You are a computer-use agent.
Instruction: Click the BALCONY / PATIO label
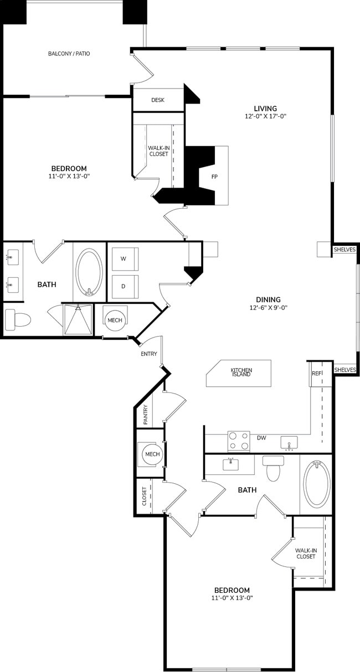(69, 54)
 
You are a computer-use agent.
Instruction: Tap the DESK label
(158, 100)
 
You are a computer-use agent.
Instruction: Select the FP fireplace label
(214, 177)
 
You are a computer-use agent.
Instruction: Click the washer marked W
(124, 259)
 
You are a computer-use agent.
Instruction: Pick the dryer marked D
(124, 287)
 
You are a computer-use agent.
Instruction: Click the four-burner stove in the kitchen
(238, 441)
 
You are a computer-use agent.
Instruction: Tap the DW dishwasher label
(261, 438)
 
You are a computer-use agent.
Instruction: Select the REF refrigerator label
(316, 374)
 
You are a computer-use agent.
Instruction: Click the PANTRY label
(145, 415)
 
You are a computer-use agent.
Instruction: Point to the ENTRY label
(149, 354)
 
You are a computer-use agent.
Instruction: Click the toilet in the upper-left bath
(17, 319)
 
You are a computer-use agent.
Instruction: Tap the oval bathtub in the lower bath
(316, 484)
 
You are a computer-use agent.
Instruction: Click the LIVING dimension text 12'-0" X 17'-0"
(265, 117)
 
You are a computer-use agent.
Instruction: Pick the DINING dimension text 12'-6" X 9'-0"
(268, 308)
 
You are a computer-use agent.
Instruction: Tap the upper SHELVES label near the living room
(344, 250)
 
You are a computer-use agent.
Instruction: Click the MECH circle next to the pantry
(152, 454)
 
